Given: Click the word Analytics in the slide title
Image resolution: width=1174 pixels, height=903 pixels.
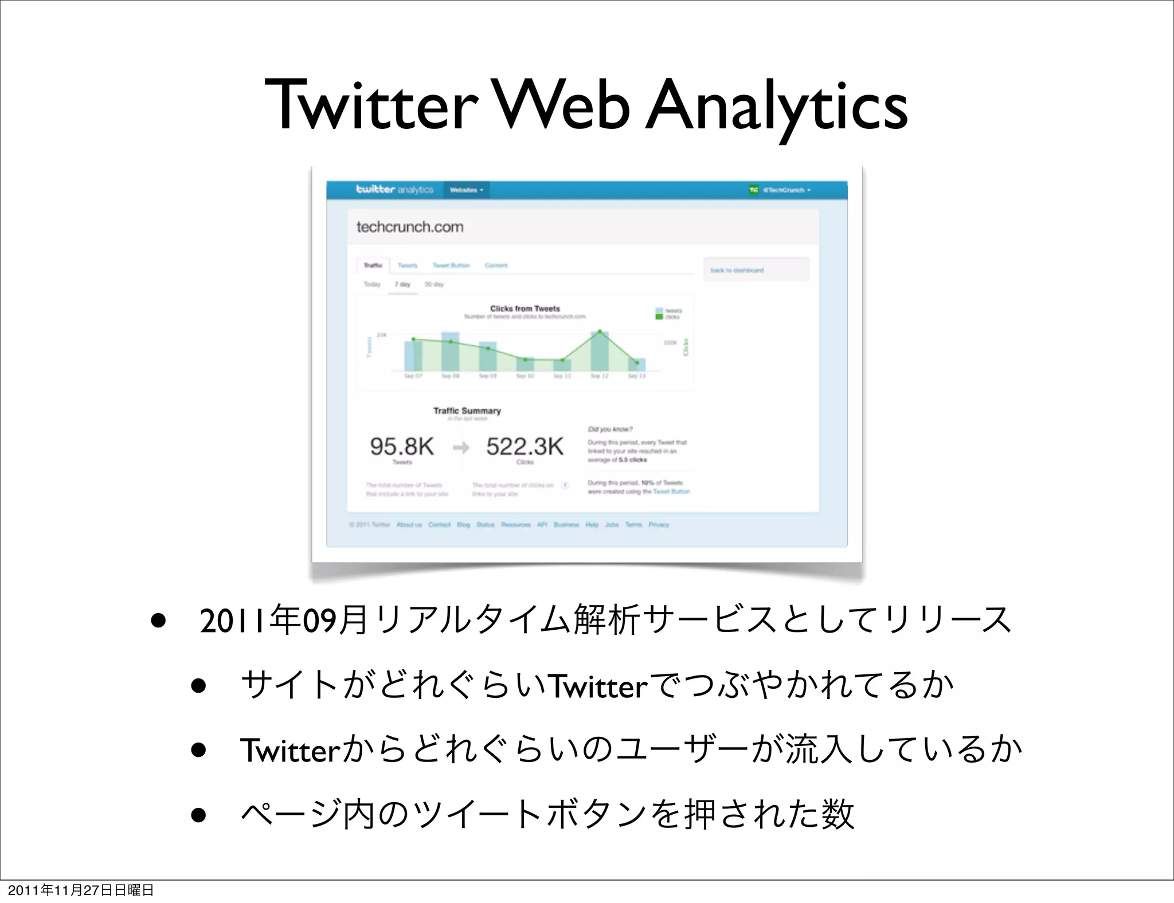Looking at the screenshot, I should (777, 106).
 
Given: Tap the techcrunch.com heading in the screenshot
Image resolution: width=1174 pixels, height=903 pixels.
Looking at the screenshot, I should (410, 227).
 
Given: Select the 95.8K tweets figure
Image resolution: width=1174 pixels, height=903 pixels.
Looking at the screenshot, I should (402, 446).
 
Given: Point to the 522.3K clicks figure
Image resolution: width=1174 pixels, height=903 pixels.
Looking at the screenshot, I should (525, 446).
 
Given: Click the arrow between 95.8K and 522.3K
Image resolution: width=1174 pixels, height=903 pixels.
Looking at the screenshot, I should (461, 447).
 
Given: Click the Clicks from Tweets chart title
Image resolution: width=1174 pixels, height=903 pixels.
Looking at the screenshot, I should (525, 308).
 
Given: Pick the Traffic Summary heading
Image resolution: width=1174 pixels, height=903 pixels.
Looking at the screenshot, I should (467, 411).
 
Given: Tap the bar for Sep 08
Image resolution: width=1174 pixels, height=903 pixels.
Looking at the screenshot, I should (450, 352).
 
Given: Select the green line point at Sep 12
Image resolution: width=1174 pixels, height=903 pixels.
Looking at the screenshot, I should (600, 332).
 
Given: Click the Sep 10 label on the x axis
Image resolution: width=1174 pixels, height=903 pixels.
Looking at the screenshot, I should (525, 376).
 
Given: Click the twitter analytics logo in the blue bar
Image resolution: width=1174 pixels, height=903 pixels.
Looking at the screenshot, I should (394, 190).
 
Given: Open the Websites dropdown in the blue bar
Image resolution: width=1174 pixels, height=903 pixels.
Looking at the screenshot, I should (466, 190).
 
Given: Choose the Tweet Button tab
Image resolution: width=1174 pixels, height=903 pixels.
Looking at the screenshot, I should (451, 265).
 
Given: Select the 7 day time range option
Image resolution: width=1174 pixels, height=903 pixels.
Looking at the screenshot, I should (402, 284).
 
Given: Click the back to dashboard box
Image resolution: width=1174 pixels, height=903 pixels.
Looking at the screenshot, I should (756, 270).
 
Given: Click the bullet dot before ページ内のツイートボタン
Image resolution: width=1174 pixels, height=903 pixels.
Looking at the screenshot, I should (198, 815).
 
